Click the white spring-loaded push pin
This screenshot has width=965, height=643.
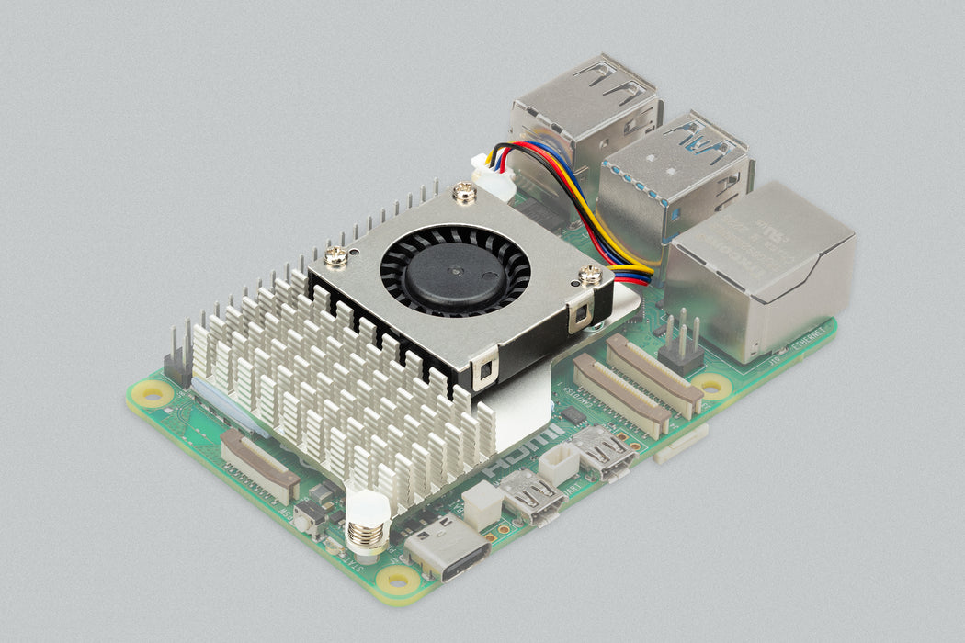pos(365,524)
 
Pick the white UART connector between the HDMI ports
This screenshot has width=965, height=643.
pos(559,465)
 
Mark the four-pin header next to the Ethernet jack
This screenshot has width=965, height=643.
pos(681,344)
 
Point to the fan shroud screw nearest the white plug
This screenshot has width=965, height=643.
pos(465,193)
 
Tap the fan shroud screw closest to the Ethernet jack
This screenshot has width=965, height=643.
pos(591,274)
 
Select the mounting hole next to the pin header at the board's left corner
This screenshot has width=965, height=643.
pos(153,394)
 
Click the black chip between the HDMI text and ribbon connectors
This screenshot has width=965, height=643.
pos(573,416)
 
